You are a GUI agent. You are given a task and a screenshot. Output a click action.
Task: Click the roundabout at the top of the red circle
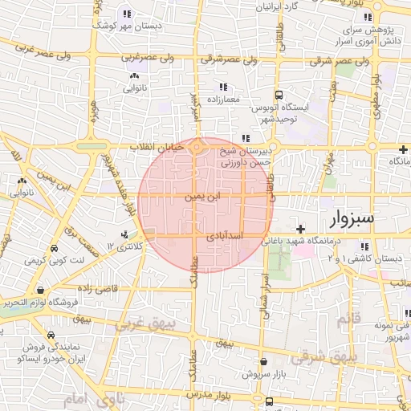coord(198,146)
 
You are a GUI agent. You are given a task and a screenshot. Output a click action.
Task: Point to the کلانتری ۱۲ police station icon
coord(124,234)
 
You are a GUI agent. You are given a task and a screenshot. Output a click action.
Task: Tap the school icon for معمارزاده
coord(222,87)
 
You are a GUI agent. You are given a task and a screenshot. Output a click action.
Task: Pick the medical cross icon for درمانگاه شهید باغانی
coord(300,229)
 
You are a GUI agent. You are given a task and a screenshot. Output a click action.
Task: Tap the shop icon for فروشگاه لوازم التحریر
coord(39,290)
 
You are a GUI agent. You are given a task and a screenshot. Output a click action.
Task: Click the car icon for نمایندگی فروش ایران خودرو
coord(51,336)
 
